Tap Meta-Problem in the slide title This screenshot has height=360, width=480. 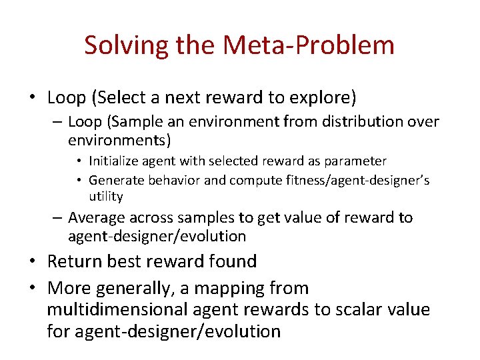click(309, 45)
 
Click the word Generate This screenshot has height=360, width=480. click(114, 180)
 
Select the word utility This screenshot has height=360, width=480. click(106, 196)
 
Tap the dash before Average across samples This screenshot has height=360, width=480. click(58, 218)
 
